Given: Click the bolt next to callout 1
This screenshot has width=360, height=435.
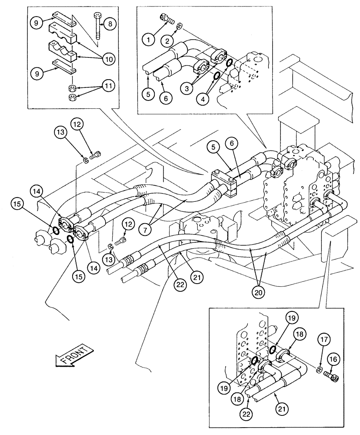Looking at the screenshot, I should click(167, 18).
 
